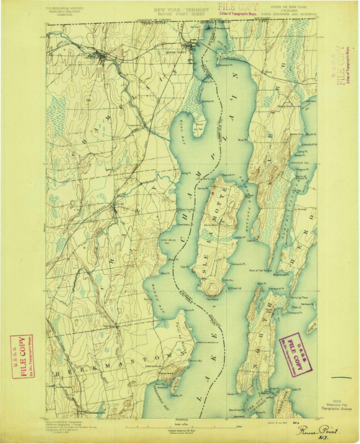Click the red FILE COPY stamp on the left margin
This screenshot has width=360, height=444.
(x=20, y=349)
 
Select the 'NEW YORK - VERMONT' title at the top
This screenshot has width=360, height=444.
(x=173, y=11)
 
